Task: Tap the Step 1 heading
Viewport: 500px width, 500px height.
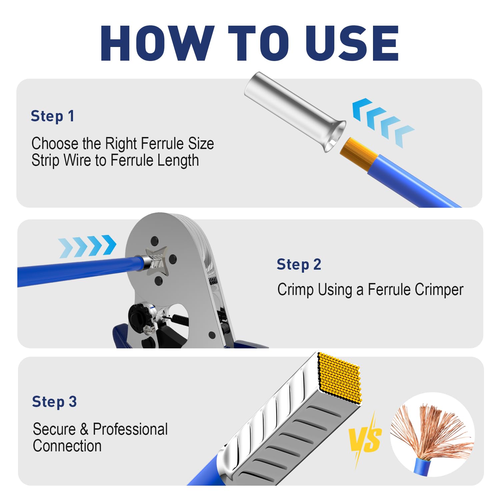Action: pos(52,116)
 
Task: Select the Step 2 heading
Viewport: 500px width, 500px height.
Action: pos(299,265)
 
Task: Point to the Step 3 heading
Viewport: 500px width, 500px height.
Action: pos(54,402)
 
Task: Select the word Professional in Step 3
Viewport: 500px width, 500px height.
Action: pos(130,429)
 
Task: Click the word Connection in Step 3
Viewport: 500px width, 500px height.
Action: pos(67,446)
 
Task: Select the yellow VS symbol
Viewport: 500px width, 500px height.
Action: pos(365,438)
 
